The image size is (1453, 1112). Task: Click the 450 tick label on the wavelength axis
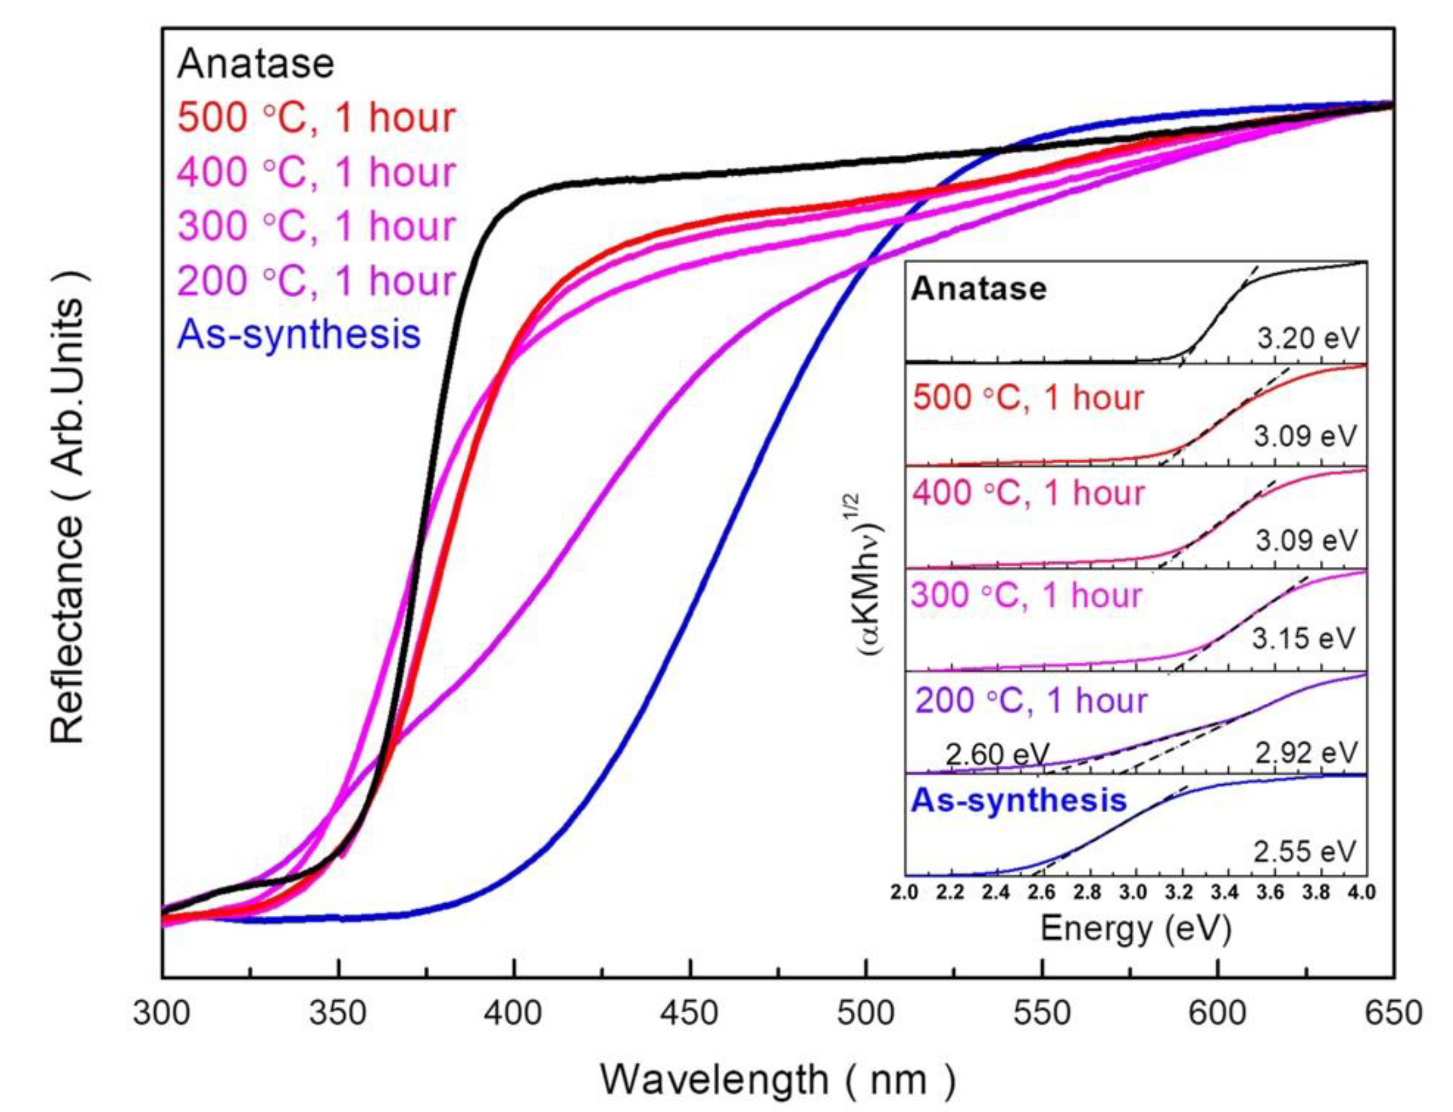(690, 1013)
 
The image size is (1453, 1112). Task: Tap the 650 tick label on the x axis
(1394, 1013)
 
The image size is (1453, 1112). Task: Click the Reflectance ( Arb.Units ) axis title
(68, 507)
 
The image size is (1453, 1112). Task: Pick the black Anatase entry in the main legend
(256, 64)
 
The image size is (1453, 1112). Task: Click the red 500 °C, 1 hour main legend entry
(316, 118)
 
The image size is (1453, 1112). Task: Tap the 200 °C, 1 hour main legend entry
(316, 280)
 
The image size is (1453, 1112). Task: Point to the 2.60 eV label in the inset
(997, 754)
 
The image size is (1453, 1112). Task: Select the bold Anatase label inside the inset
(979, 289)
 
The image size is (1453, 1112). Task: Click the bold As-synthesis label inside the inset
(1019, 800)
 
